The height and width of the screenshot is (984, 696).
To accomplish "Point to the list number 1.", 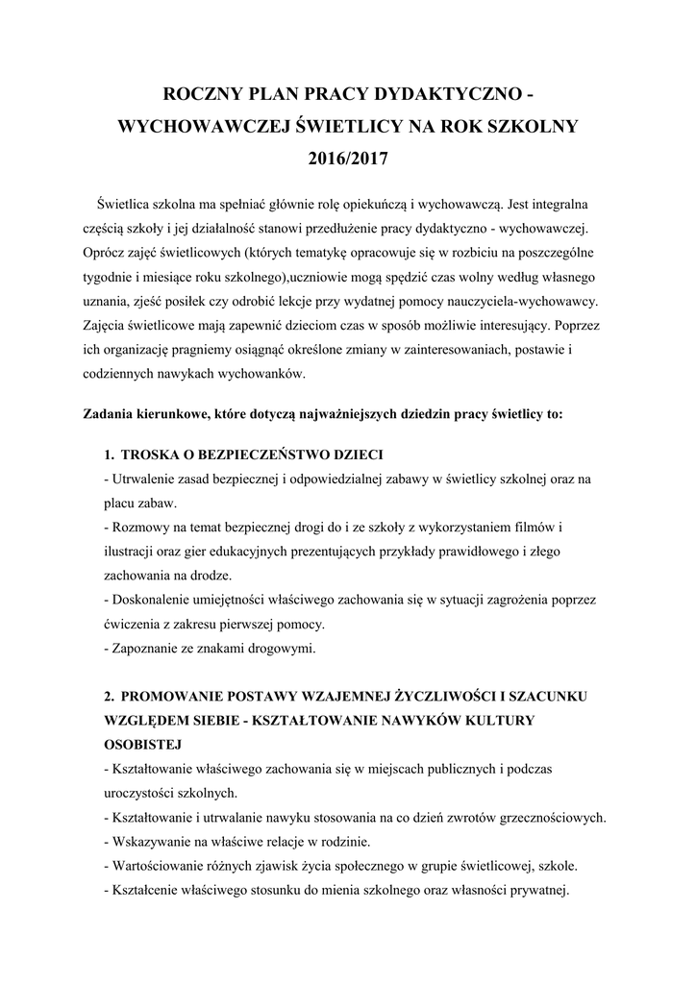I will point(109,454).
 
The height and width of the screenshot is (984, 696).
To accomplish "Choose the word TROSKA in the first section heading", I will point(155,454).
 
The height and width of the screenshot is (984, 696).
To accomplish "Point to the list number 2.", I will point(109,695).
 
